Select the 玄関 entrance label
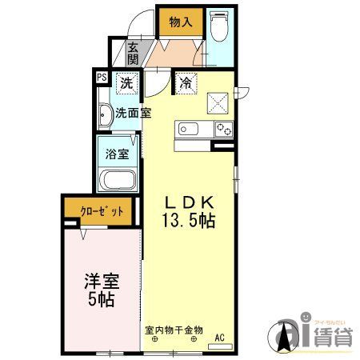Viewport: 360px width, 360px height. click(133, 54)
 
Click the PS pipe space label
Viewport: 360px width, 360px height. click(102, 78)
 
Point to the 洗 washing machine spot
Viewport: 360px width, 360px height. click(126, 82)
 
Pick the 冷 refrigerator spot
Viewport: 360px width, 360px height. click(185, 82)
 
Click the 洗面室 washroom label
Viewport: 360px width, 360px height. click(132, 113)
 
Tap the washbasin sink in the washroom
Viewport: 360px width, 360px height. click(105, 117)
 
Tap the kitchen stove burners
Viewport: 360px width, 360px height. click(222, 129)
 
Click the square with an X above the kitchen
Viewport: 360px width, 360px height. click(217, 102)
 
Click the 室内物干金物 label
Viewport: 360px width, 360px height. click(174, 329)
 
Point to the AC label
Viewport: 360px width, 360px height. click(219, 337)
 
